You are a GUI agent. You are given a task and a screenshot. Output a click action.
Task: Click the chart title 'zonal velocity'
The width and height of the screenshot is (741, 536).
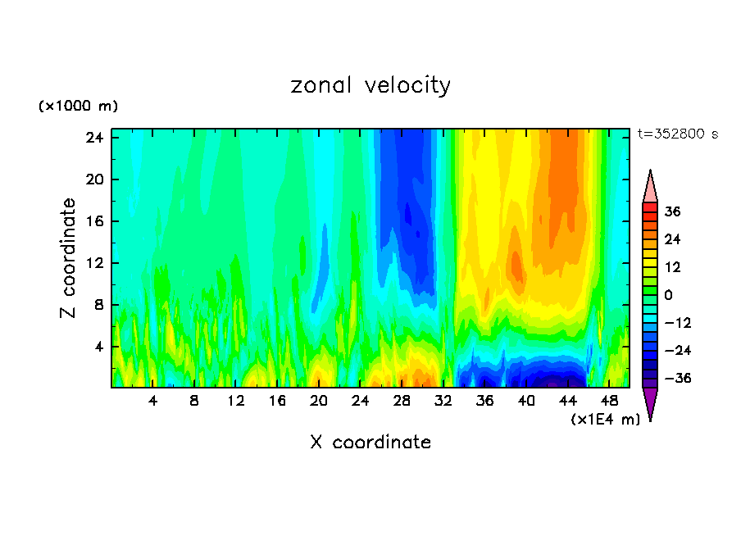pos(370,85)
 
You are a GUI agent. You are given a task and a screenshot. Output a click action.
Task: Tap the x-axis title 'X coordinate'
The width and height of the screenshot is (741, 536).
pos(370,443)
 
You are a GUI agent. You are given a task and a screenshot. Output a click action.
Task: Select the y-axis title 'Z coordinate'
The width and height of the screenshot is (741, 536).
pos(69,258)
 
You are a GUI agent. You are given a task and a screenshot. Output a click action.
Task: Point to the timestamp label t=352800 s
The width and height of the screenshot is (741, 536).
pos(677,134)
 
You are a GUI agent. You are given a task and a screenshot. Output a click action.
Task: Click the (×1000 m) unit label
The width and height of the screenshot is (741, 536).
pos(78,107)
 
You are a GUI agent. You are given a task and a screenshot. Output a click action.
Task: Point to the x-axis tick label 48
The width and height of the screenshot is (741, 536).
pos(609,401)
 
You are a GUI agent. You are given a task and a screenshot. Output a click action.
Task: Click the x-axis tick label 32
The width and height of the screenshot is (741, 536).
pos(443,401)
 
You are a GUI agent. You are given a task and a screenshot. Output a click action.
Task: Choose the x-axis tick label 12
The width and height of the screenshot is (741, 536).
pos(235,401)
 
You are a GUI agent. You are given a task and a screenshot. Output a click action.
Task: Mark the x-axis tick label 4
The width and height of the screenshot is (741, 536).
pos(152,401)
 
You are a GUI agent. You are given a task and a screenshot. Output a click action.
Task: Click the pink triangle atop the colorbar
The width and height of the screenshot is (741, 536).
pos(650,187)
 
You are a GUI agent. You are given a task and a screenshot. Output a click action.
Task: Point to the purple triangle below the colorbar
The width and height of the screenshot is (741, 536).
pos(650,403)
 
